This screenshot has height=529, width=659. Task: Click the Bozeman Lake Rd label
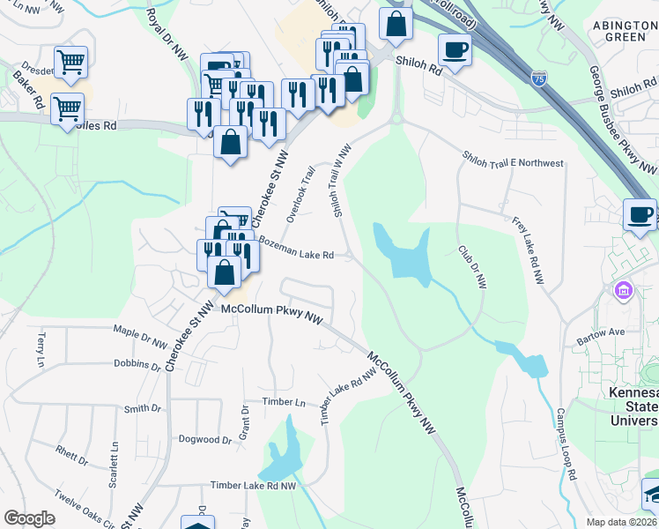[x=295, y=254]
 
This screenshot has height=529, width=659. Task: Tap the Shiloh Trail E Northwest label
[x=513, y=160]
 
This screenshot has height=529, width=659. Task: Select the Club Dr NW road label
[x=473, y=268]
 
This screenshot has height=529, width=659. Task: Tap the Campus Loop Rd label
[x=566, y=443]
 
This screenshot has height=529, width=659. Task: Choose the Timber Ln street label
[x=283, y=402]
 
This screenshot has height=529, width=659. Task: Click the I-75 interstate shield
[x=539, y=78]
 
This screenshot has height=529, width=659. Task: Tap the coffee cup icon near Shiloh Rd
[x=455, y=48]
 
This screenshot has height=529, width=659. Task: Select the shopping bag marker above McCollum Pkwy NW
[x=225, y=272]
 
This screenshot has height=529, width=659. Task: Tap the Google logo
[x=29, y=518]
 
